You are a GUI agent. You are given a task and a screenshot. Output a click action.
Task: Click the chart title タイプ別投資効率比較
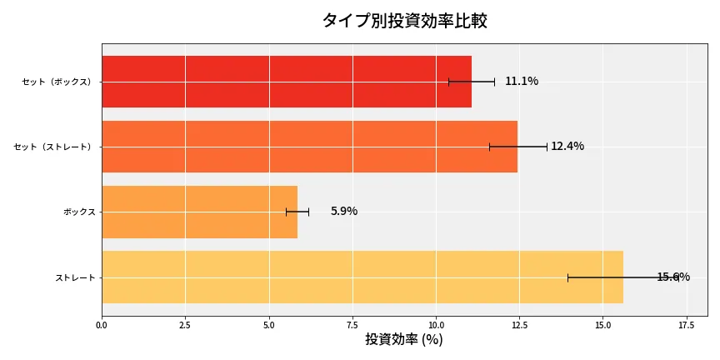point(404,21)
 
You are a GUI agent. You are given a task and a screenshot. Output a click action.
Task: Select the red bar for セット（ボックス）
point(286,82)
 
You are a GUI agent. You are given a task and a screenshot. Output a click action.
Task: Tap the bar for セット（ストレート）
point(309,147)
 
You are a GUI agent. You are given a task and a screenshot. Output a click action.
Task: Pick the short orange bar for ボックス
point(199,212)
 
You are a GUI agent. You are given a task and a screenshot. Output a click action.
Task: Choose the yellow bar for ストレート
point(362,277)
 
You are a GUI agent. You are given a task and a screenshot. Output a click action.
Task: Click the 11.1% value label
point(522,82)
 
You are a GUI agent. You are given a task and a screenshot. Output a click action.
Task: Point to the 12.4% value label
point(567,147)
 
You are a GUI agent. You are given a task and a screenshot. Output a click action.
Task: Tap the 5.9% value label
point(344,212)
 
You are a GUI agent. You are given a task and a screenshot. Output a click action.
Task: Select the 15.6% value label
point(673,277)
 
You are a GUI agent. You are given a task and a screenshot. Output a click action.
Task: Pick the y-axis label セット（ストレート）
point(54,147)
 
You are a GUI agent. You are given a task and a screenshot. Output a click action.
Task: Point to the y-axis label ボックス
point(79,212)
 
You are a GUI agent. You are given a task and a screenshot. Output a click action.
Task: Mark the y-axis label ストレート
point(75,277)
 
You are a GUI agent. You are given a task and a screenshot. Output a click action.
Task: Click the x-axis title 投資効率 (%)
point(404,340)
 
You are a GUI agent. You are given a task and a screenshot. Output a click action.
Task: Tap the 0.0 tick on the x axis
point(102,325)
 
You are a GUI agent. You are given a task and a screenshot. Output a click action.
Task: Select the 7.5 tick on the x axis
point(352,325)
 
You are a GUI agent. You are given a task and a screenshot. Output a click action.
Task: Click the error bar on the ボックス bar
point(297,212)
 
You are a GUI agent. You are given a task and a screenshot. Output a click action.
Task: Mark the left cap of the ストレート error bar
point(568,277)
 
